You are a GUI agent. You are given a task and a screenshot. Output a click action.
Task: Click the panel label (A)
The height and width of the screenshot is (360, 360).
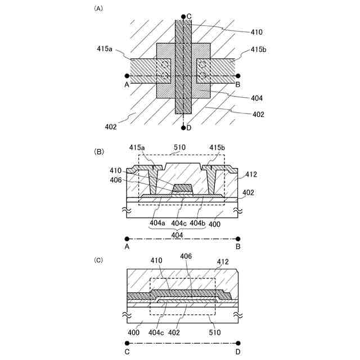coord(98,8)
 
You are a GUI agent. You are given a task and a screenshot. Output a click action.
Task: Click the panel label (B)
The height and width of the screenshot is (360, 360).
coord(98,151)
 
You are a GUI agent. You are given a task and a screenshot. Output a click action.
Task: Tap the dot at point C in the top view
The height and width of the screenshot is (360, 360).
coord(183,17)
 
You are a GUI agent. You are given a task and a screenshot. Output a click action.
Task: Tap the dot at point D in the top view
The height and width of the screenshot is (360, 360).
coord(183,128)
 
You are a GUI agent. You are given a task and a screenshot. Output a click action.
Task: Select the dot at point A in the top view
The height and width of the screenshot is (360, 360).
coord(127,75)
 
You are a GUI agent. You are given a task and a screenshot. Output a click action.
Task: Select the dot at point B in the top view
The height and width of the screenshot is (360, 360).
coord(238,75)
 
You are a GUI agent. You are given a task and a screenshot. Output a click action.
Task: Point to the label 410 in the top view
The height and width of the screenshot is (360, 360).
coord(255,32)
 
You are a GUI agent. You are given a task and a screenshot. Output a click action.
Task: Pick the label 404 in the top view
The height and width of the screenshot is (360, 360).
coord(255,97)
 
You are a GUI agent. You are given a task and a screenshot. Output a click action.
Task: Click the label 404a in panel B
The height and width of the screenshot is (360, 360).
coord(157,223)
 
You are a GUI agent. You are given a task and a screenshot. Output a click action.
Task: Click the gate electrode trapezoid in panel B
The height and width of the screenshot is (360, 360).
coord(183,187)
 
